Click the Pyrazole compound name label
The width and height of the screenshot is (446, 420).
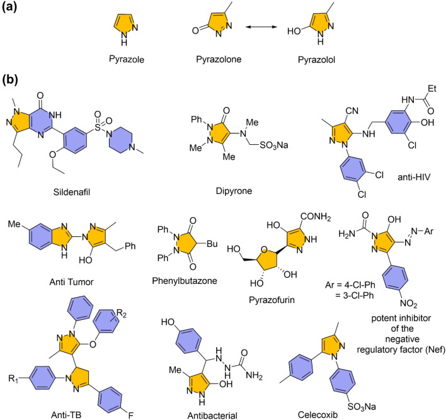tap(126, 59)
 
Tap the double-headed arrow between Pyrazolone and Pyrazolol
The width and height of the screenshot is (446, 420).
tap(261, 27)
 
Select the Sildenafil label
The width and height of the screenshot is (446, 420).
tap(72, 192)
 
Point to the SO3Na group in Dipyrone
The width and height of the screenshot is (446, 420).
tap(274, 145)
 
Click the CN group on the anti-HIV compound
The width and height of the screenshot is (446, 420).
tap(352, 110)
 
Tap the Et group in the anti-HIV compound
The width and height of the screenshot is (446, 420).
tap(432, 88)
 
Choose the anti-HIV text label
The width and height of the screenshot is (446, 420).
tap(414, 177)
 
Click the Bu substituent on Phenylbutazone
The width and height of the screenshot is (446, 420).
tap(212, 244)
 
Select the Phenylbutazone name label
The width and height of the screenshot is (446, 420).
tap(185, 281)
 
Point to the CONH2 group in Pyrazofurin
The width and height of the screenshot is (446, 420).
tap(316, 217)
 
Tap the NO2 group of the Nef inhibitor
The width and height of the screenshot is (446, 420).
tap(408, 304)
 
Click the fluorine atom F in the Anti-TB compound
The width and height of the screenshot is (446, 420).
tap(130, 415)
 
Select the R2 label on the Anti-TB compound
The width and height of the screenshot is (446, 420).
tap(122, 314)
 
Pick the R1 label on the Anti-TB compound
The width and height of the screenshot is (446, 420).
tap(13, 379)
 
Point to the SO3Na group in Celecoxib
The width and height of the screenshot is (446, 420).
tap(362, 407)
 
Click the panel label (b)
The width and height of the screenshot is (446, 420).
tap(10, 80)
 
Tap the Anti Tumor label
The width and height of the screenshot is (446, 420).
tap(71, 282)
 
